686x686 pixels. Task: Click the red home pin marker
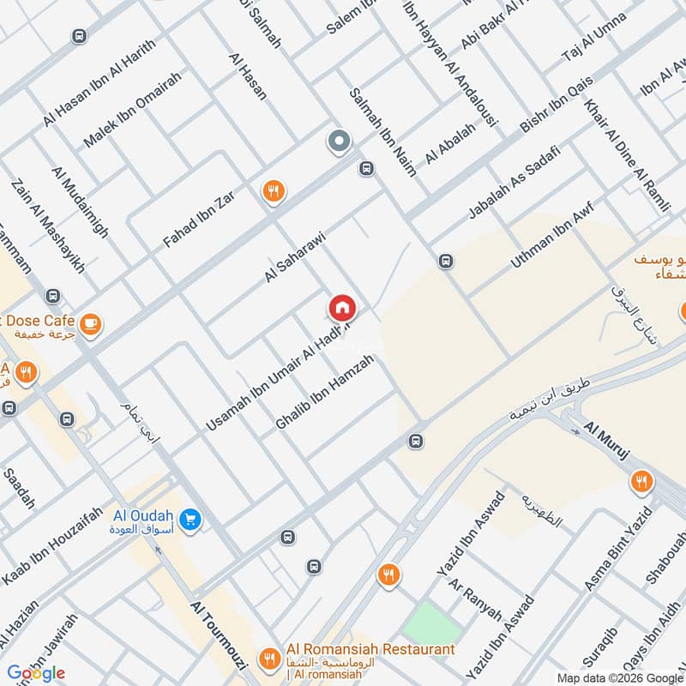point(341,307)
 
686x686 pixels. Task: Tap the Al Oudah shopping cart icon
point(191,518)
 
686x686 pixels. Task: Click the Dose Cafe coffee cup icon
point(90,323)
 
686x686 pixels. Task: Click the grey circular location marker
point(339,141)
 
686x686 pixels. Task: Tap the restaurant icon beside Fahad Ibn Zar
point(274,191)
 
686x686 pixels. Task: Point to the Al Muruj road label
point(607,441)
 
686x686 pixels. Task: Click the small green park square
point(425,622)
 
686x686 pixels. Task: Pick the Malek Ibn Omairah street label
point(132,110)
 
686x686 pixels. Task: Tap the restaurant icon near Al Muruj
point(640,482)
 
